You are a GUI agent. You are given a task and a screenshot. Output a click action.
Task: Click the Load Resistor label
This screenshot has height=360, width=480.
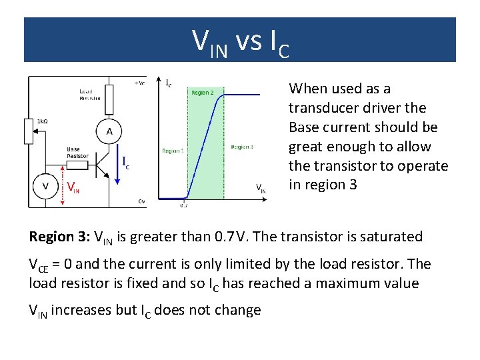tap(90, 94)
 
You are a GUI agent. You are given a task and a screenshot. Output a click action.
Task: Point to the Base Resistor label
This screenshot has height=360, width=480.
tap(77, 152)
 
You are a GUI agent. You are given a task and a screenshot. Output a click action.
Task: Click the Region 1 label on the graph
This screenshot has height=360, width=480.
tap(172, 151)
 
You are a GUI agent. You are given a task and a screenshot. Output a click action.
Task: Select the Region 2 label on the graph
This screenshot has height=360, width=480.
tap(203, 93)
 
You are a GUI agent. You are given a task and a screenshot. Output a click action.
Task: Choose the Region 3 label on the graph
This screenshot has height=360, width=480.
tap(241, 147)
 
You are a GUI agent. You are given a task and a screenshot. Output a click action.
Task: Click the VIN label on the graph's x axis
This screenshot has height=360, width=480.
tap(261, 189)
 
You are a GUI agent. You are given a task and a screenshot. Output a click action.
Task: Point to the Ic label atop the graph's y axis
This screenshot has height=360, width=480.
tap(169, 84)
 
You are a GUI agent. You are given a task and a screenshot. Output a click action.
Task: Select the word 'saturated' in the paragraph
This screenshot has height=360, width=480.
tap(393, 237)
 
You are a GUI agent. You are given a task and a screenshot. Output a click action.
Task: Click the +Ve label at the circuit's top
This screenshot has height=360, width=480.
tap(139, 83)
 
